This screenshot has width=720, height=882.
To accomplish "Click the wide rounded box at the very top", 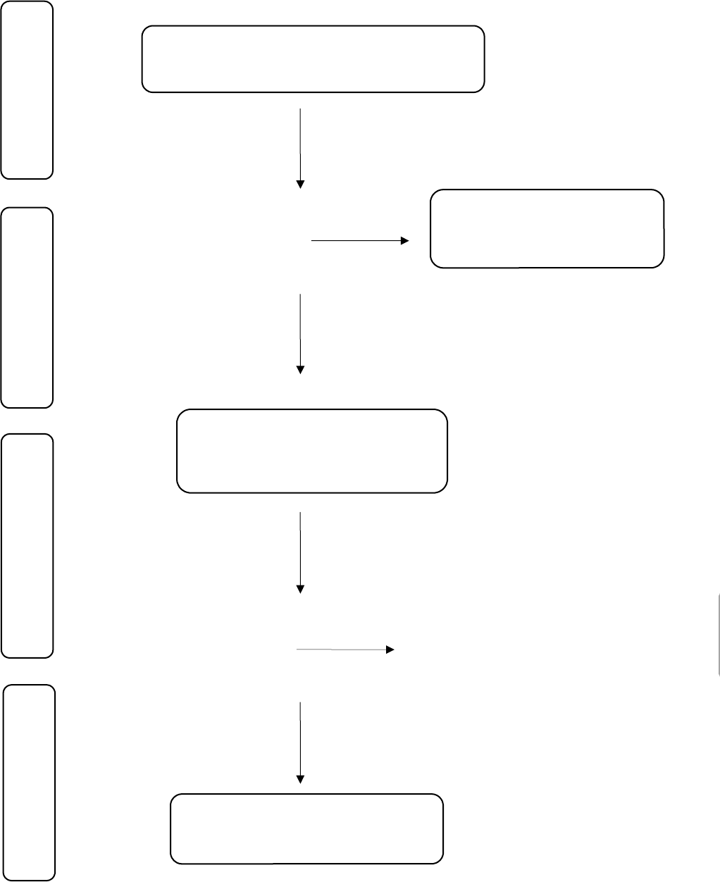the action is [x=313, y=59].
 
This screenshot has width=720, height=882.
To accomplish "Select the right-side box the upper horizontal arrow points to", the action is [x=547, y=228].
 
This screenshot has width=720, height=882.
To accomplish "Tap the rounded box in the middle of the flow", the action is [x=311, y=451].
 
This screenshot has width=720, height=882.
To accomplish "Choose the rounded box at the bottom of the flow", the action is [x=307, y=828].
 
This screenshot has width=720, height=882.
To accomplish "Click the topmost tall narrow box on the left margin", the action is [x=27, y=89].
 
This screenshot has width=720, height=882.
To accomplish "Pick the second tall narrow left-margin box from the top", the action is [x=27, y=307].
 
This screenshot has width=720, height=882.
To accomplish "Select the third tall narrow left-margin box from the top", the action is [x=27, y=545].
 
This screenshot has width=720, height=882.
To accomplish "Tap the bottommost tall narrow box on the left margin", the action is [x=30, y=782].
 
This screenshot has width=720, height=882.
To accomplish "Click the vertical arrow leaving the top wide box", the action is [x=301, y=144].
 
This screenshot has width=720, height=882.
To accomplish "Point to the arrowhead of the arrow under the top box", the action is [x=301, y=185].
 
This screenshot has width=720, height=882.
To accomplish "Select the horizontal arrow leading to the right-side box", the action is [x=356, y=241].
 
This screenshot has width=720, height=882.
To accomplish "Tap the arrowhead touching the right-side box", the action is [x=404, y=241].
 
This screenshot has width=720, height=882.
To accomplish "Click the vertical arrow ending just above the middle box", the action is [x=301, y=330].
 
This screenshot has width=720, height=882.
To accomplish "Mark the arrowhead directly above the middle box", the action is [x=301, y=369].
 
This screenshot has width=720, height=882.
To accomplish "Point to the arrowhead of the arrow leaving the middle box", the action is [x=301, y=589].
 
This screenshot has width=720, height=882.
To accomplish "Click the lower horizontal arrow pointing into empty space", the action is [x=342, y=650].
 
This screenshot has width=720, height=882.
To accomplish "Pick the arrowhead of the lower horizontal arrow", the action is [x=390, y=650].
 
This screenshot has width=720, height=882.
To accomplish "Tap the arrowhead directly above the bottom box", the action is [x=301, y=779].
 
